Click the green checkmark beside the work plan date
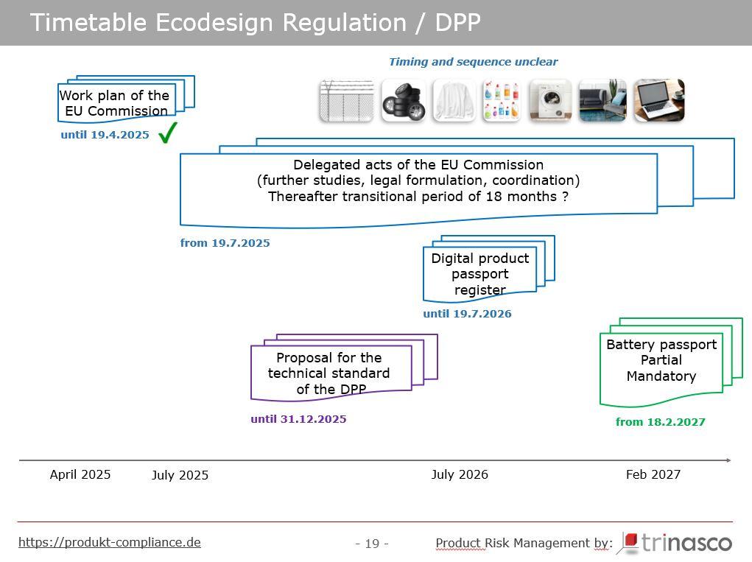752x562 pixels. [168, 133]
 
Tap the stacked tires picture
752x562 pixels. [404, 101]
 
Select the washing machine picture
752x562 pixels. [551, 101]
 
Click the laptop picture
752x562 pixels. [659, 101]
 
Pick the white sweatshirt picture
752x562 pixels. [454, 101]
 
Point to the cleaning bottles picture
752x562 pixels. [502, 101]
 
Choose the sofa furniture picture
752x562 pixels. [602, 101]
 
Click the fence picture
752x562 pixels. [347, 101]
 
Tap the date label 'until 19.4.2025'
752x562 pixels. [105, 135]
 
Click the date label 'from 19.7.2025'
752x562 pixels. [225, 243]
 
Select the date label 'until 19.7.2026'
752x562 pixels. [467, 314]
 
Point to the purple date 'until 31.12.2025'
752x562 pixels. [298, 419]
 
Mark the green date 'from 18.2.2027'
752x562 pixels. [661, 422]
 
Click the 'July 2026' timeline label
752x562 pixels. [460, 475]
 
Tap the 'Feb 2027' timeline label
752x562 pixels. [653, 475]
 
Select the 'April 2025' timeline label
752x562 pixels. [80, 475]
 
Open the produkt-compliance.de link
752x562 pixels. [109, 542]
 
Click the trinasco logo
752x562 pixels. [677, 543]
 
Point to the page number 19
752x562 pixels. [372, 544]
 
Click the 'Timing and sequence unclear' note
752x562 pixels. [474, 62]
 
